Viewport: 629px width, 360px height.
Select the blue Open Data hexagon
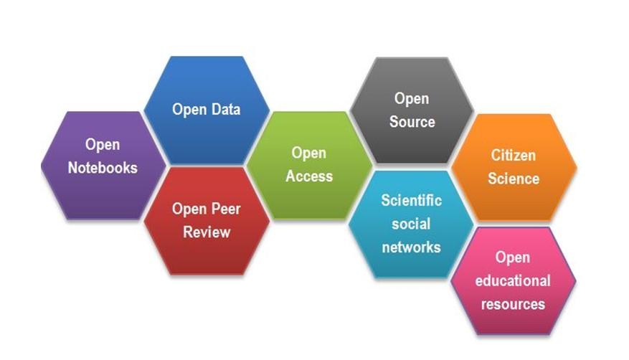click(207, 110)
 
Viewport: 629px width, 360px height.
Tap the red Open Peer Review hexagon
click(207, 220)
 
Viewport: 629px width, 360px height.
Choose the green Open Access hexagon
click(309, 164)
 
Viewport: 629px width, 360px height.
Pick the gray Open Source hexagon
click(412, 110)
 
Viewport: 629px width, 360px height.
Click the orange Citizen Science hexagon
click(514, 166)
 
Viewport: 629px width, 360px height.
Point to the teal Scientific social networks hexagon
click(411, 223)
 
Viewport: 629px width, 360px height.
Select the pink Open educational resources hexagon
click(513, 280)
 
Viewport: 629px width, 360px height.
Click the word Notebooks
click(103, 168)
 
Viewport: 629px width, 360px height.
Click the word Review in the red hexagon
click(207, 232)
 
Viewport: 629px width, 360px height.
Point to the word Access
click(309, 176)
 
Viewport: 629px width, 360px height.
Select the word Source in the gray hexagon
click(412, 122)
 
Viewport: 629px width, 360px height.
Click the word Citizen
click(514, 155)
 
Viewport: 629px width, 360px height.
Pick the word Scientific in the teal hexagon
click(411, 200)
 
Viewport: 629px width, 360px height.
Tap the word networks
click(411, 247)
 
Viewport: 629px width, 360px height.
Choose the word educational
click(513, 280)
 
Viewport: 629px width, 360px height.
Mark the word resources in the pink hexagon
click(513, 304)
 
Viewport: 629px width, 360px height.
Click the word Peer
click(226, 209)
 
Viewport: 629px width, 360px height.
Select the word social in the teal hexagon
click(411, 224)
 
